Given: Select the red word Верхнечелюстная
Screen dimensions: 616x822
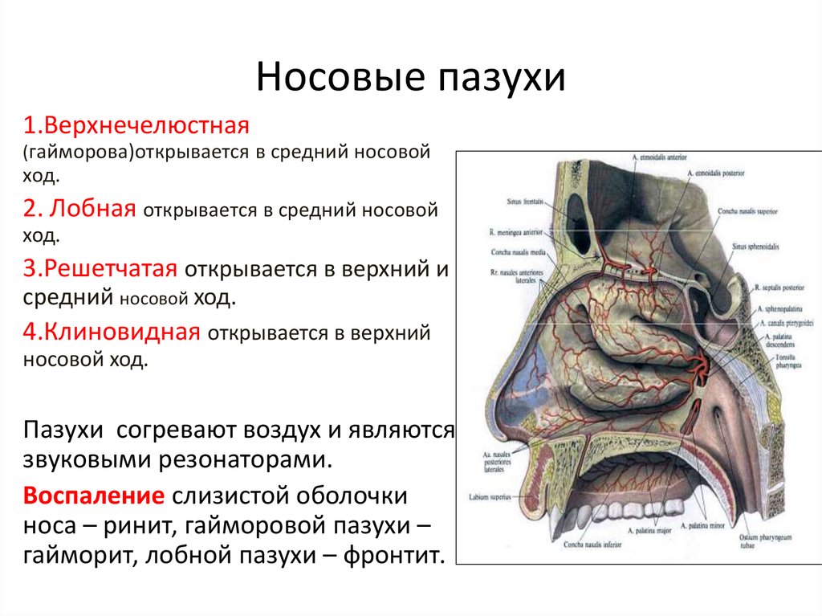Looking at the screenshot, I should [138, 127].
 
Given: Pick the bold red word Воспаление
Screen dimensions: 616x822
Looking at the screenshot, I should [95, 495].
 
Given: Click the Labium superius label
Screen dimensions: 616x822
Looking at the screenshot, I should [490, 496].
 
